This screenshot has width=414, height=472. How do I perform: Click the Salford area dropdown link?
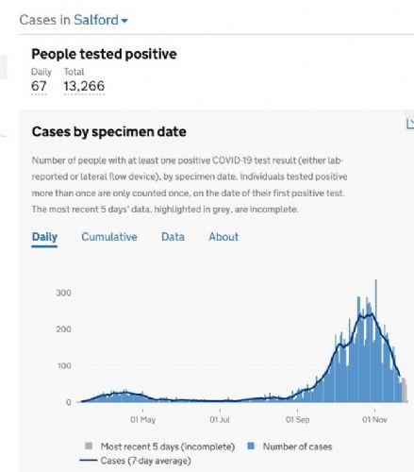click(x=101, y=20)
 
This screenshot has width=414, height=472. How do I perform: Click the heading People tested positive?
click(x=104, y=54)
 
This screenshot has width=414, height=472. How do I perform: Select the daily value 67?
click(x=39, y=86)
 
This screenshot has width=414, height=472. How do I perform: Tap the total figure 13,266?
click(x=84, y=86)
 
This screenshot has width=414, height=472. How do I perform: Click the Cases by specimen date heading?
click(x=109, y=131)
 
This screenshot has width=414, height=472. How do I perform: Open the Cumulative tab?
click(x=109, y=237)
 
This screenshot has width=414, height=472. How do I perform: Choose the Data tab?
click(x=173, y=237)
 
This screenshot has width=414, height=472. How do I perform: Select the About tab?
click(x=224, y=237)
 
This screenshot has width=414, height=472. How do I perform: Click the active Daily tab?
click(x=44, y=237)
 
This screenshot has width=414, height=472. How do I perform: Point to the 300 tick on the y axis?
click(x=63, y=293)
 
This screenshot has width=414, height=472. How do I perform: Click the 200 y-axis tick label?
click(x=63, y=329)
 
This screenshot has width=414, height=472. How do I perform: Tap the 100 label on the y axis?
click(x=64, y=365)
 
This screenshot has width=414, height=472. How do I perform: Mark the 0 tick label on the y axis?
click(x=69, y=402)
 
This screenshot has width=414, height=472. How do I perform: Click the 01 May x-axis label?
click(x=143, y=419)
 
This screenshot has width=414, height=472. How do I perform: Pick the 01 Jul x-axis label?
click(x=220, y=419)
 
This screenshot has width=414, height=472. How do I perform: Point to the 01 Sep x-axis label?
click(x=297, y=419)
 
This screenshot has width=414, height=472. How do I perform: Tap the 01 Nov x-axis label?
click(x=374, y=419)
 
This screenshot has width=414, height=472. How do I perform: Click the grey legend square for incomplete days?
click(x=89, y=446)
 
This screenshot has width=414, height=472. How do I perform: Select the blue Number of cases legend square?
click(x=251, y=446)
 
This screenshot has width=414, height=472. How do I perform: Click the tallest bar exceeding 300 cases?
click(x=376, y=341)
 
